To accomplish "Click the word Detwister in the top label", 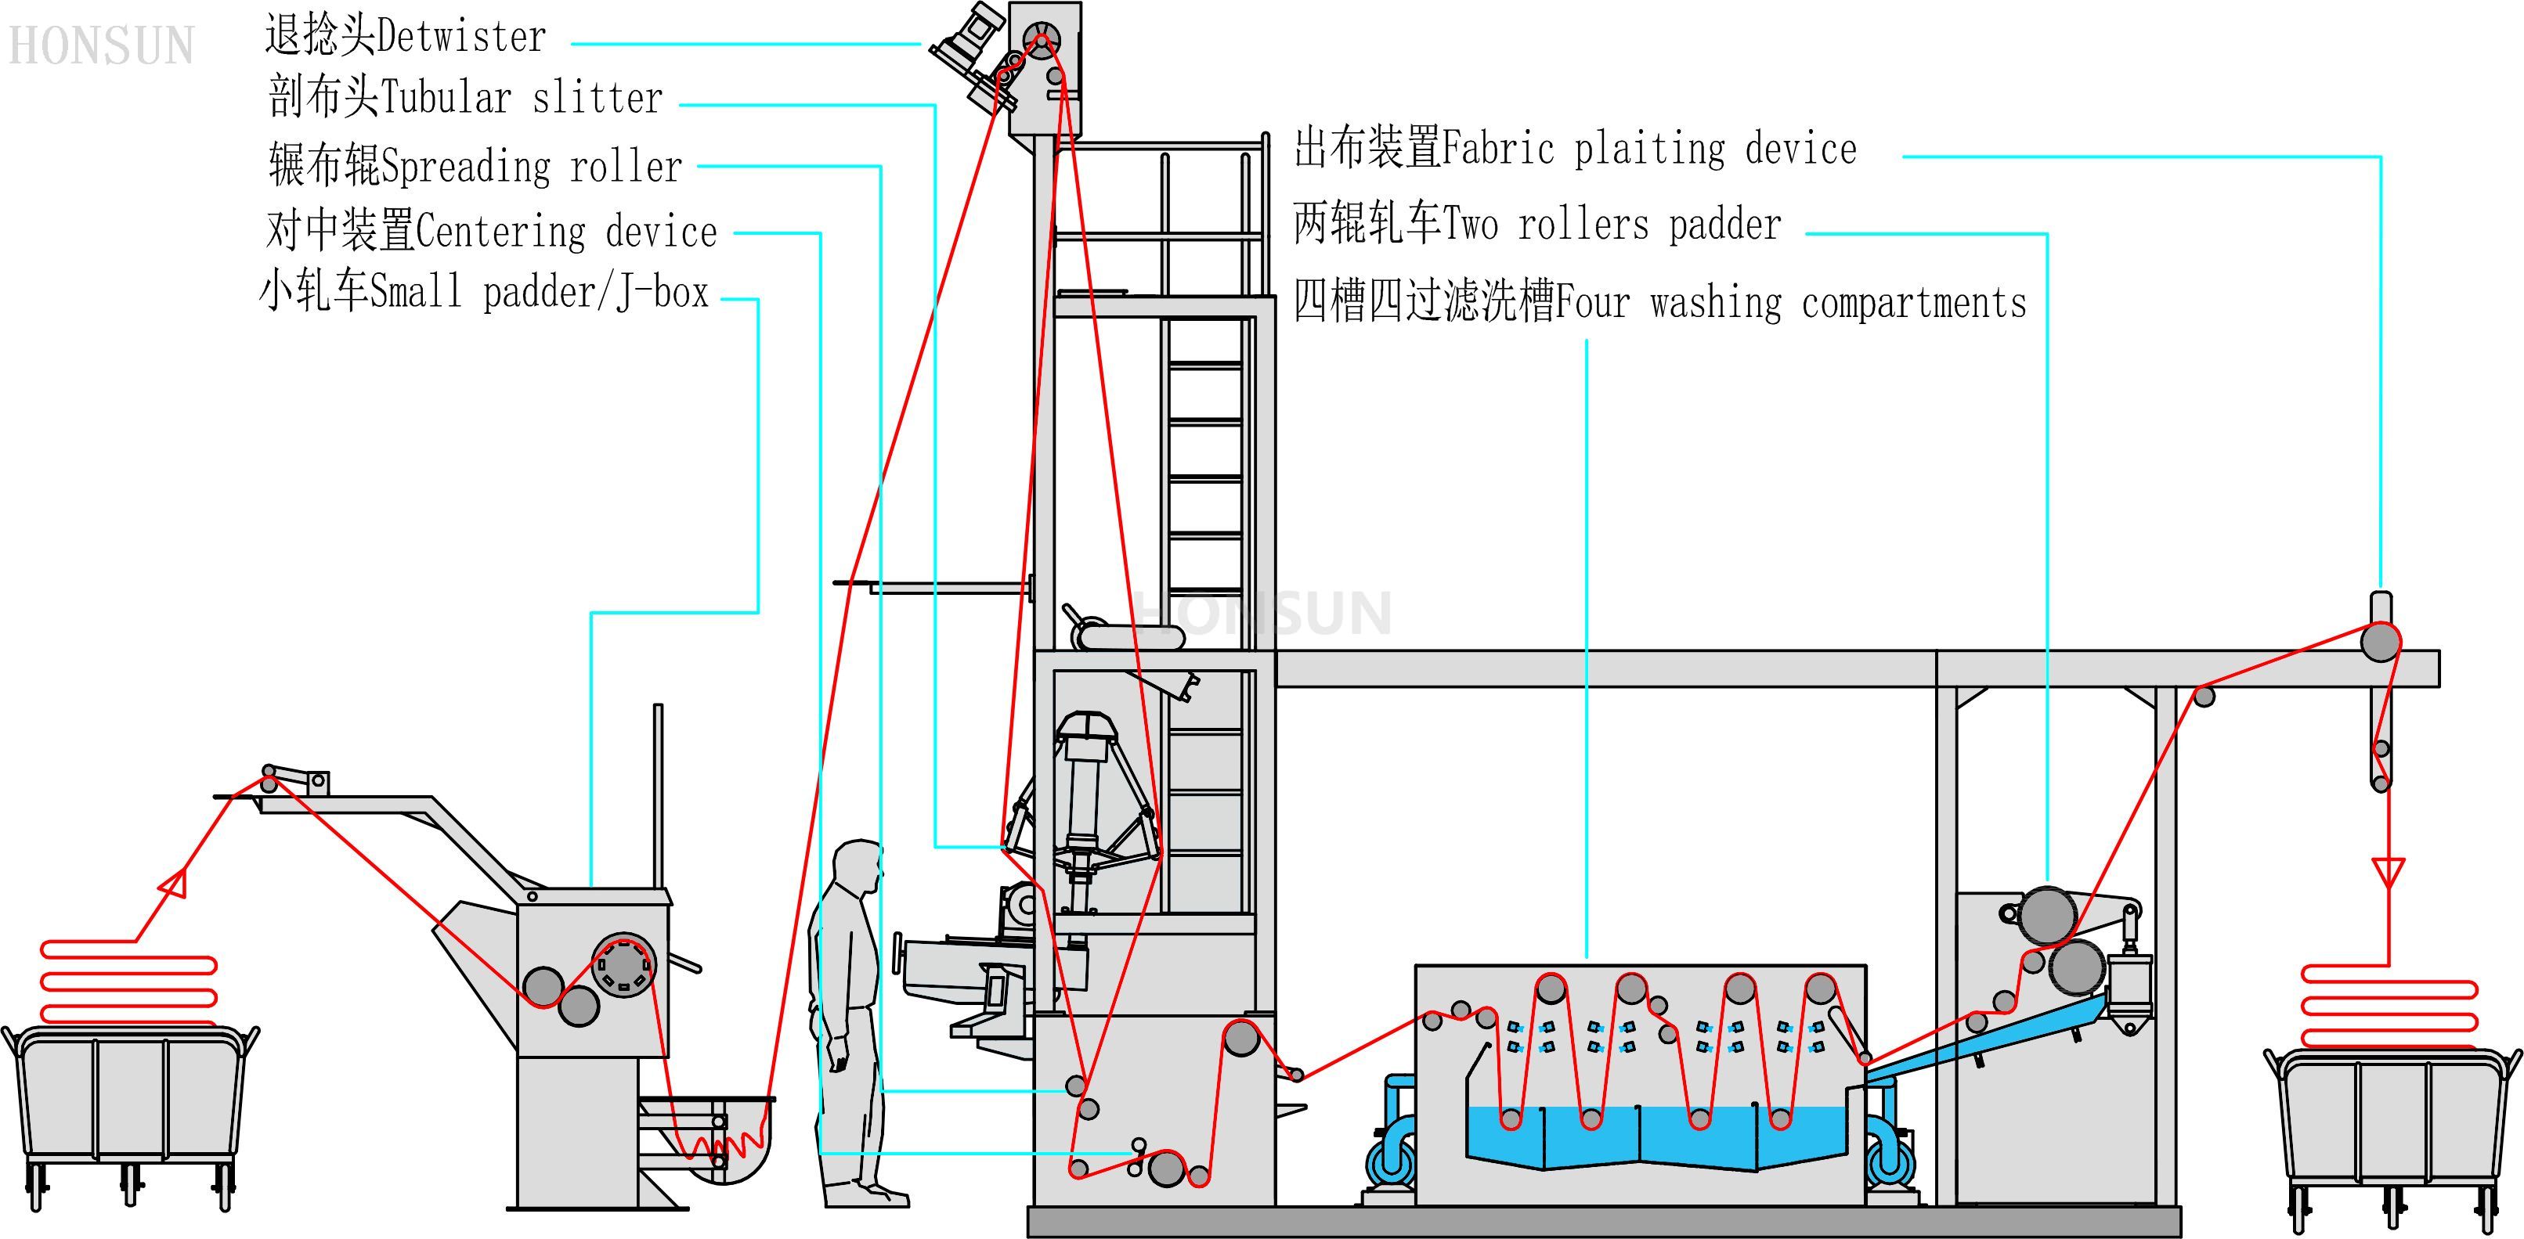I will [460, 38].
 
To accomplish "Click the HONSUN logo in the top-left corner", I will [101, 46].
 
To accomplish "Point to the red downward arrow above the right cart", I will [2388, 870].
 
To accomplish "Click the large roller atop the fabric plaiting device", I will [2380, 643].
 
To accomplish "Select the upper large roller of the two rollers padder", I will [2048, 915].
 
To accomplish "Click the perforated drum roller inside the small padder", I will [624, 966].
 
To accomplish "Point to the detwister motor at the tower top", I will [970, 44].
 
